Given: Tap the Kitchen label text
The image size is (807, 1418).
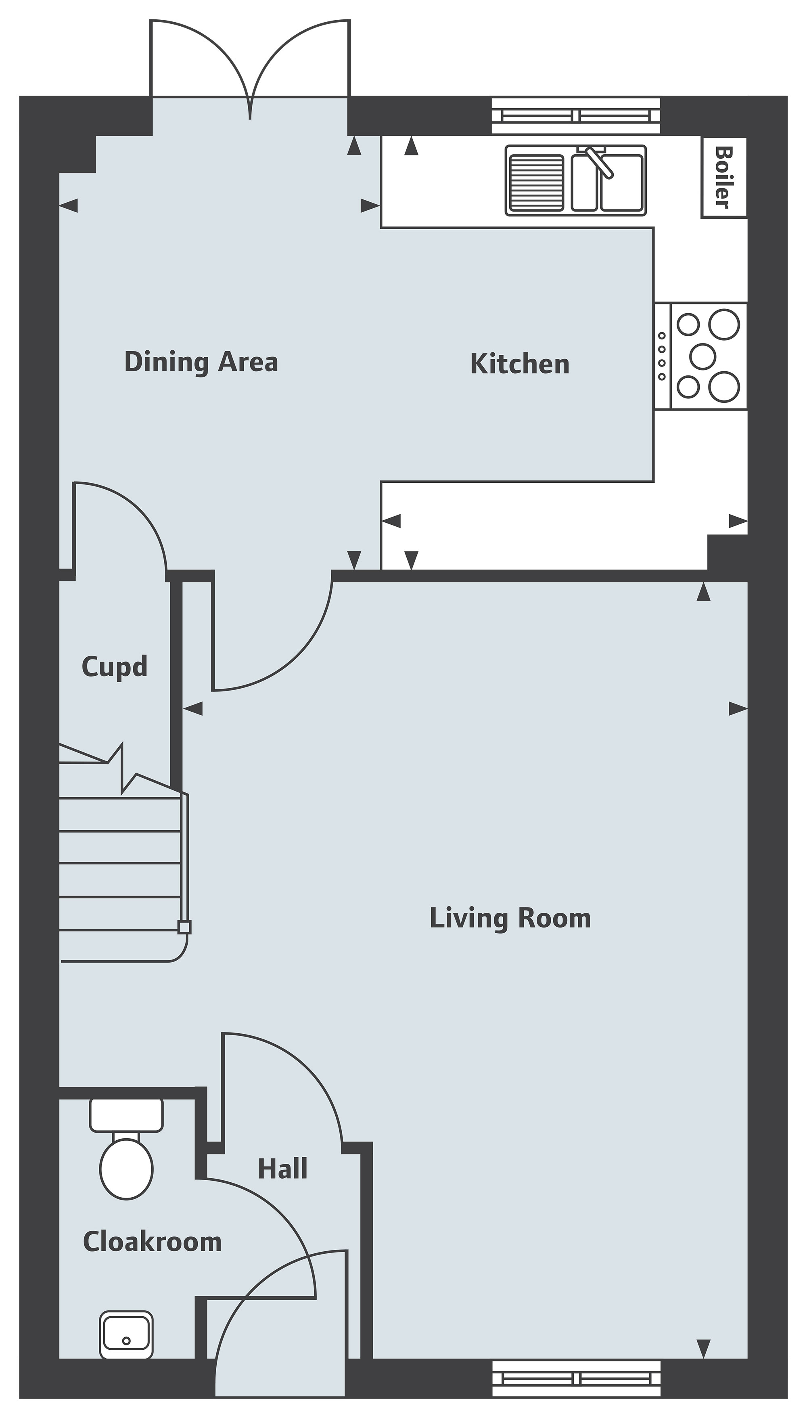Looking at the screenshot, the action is (x=520, y=364).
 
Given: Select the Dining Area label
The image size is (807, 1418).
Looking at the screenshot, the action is (x=201, y=362).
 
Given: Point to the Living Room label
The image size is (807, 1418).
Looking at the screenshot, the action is (x=510, y=918).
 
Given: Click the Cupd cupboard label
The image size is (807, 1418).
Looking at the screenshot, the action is (x=115, y=666).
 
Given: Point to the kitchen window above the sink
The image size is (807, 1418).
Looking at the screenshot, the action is (x=576, y=116).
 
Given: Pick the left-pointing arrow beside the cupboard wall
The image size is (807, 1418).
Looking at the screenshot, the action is (x=192, y=708).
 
